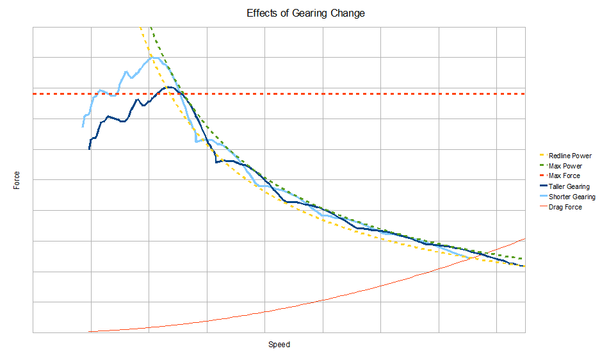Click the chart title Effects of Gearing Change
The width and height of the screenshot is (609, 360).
click(x=305, y=13)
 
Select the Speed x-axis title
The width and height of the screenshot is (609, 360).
click(x=279, y=345)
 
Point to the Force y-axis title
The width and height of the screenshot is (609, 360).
click(x=17, y=180)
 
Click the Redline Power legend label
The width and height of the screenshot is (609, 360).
click(x=570, y=156)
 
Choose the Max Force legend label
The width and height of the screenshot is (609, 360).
click(x=564, y=176)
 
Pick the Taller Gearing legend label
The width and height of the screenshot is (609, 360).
click(x=569, y=186)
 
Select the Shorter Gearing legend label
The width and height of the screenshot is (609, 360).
click(x=572, y=197)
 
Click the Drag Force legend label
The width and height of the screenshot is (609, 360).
click(x=565, y=207)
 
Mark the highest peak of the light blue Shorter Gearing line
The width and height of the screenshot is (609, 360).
click(x=152, y=56)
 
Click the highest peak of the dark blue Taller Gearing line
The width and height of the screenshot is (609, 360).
click(x=168, y=86)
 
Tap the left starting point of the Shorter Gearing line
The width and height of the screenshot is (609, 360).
click(x=83, y=127)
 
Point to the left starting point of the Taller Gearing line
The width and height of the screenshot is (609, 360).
click(x=90, y=149)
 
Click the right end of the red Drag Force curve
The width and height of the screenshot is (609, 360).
click(x=525, y=239)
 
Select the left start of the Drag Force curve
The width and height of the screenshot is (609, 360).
click(x=89, y=332)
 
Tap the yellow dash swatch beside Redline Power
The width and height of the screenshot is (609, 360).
click(x=544, y=156)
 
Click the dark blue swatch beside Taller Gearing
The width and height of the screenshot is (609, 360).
click(x=544, y=186)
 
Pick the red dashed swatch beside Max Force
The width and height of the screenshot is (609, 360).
click(x=544, y=176)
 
